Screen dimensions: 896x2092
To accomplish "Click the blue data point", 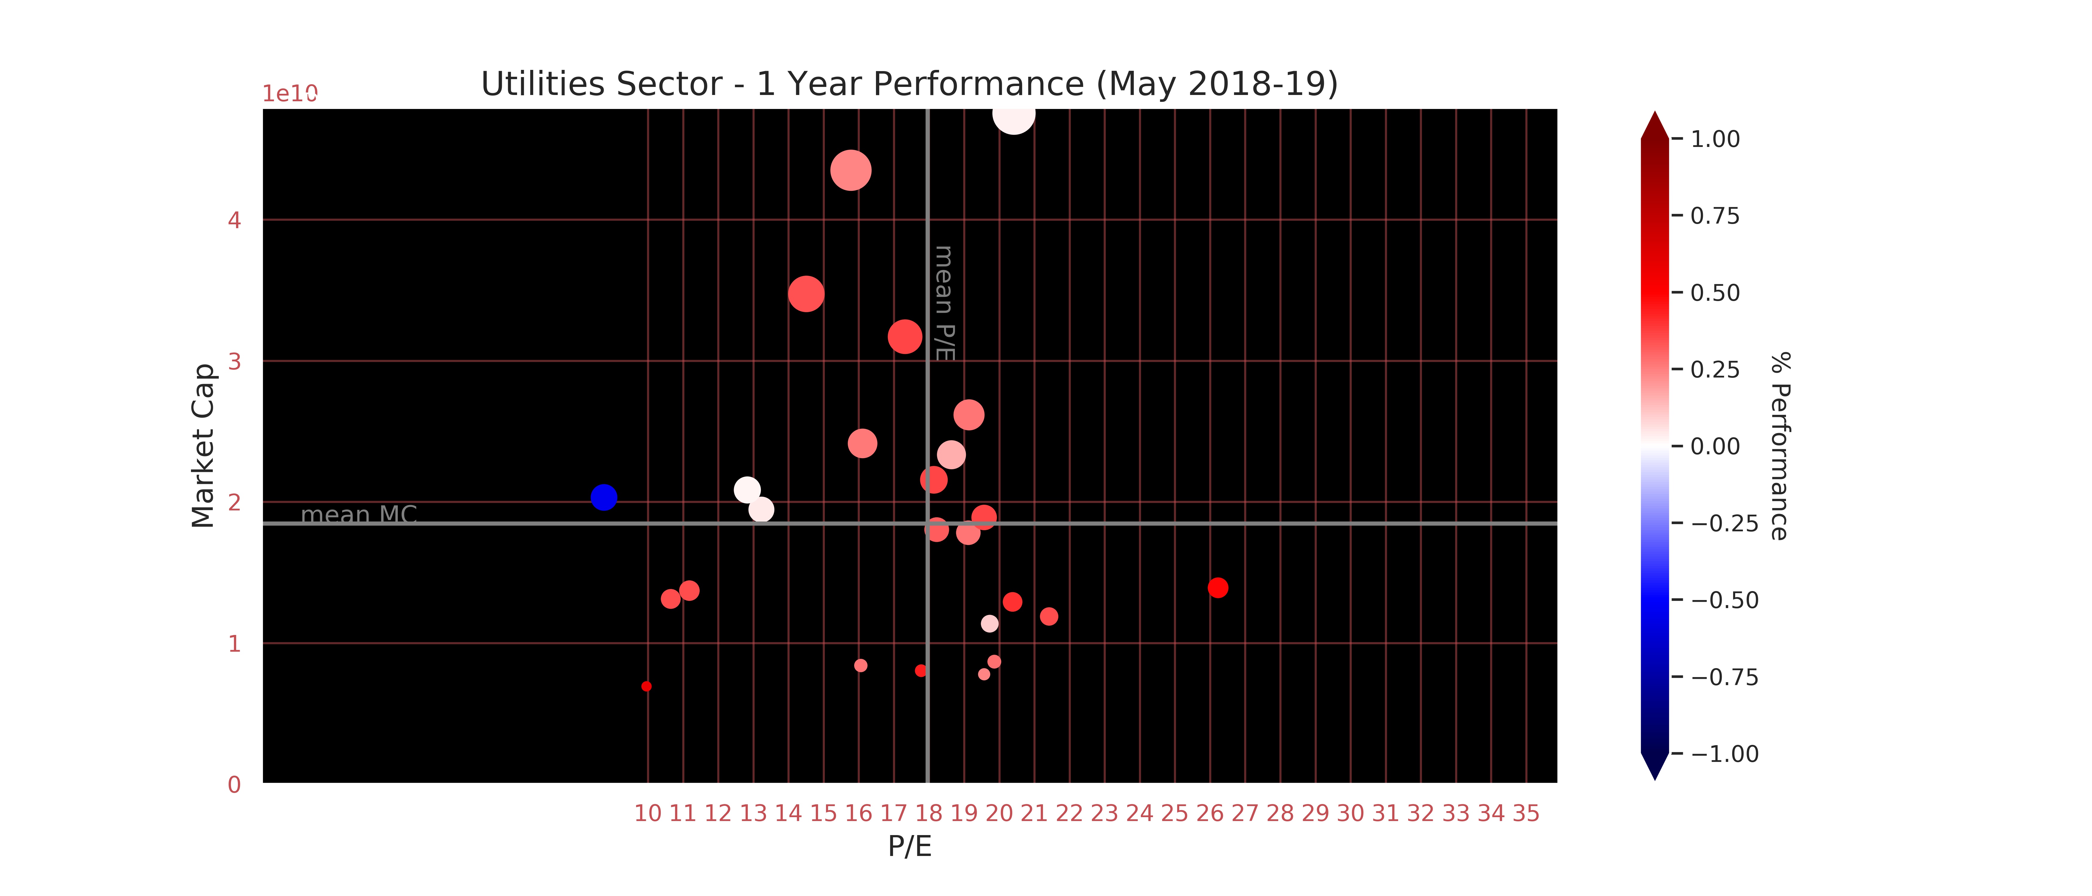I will [603, 497].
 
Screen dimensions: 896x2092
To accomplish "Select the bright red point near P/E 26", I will [1217, 587].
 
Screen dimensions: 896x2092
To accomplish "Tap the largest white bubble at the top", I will [1013, 115].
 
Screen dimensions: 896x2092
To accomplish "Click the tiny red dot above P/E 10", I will [646, 687].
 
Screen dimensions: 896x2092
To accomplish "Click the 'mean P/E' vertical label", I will [944, 303].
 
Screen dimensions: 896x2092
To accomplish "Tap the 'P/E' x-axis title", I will [909, 846].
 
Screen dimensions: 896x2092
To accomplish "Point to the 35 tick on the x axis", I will [1526, 813].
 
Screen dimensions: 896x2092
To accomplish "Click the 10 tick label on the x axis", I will [647, 813].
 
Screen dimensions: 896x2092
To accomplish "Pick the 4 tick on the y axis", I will [235, 220].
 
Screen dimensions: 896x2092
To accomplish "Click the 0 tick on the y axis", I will [235, 785].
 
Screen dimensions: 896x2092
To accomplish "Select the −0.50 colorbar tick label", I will [1724, 601].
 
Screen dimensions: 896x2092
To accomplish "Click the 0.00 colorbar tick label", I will [1715, 447].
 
